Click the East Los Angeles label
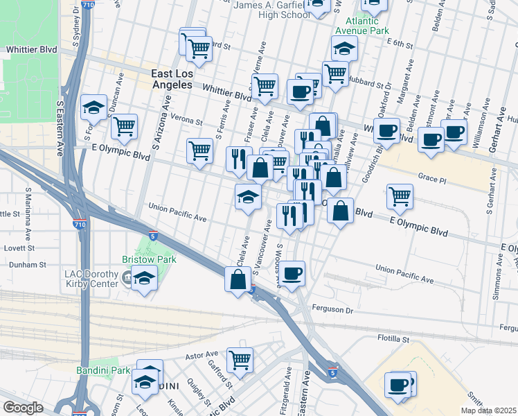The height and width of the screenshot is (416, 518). (172, 78)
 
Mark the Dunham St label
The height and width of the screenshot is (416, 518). (23, 264)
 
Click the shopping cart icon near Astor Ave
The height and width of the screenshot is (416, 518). (240, 358)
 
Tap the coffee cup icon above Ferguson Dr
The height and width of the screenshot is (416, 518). (293, 272)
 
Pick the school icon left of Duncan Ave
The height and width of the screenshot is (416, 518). (93, 107)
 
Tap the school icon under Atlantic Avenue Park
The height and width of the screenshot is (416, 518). (343, 49)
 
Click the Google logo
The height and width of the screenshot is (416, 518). (24, 408)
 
